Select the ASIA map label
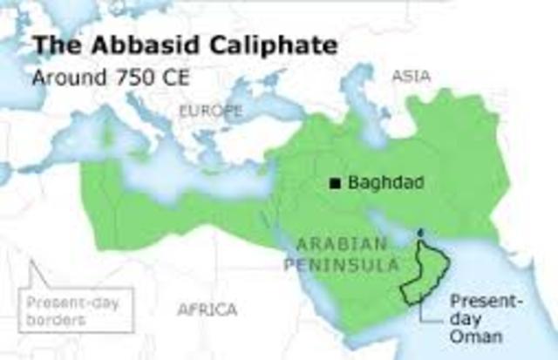point(411,77)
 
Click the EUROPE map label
point(210,111)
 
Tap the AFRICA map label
point(207,309)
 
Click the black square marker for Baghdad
point(334,183)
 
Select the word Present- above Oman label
point(480,302)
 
